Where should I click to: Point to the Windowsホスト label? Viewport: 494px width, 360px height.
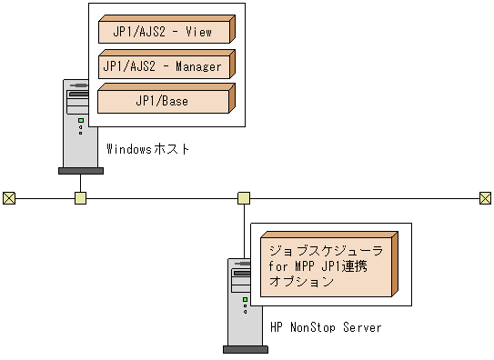tap(148, 149)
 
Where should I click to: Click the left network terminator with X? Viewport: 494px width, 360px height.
tap(8, 197)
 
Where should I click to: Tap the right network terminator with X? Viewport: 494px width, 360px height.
tap(485, 197)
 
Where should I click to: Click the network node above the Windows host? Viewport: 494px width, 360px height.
tap(80, 197)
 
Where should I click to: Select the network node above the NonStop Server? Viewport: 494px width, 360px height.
tap(244, 197)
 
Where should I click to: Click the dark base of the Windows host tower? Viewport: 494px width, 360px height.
tap(80, 169)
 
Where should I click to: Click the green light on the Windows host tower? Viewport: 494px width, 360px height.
tap(80, 120)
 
